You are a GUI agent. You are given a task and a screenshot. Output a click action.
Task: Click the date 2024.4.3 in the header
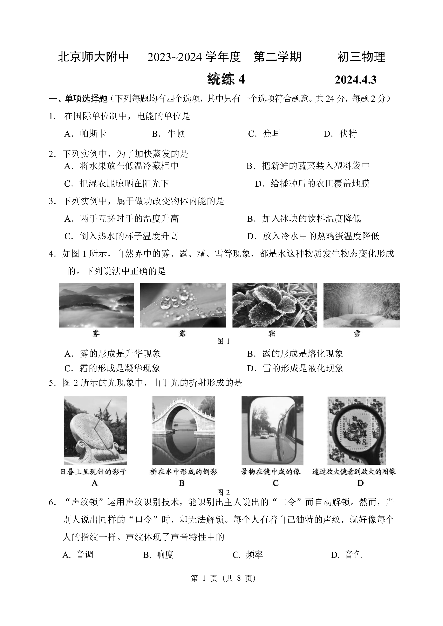pyautogui.click(x=355, y=80)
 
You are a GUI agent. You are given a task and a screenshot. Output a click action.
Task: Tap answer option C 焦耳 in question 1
pyautogui.click(x=264, y=134)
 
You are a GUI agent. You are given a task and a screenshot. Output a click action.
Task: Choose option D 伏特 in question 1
pyautogui.click(x=340, y=134)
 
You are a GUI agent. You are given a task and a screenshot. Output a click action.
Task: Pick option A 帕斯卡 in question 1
pyautogui.click(x=85, y=134)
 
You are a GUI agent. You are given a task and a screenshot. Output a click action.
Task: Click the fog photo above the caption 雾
pyautogui.click(x=96, y=305)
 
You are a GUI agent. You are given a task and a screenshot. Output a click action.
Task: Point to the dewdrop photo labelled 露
pyautogui.click(x=183, y=305)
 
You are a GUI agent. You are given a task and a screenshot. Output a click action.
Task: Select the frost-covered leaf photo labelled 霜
pyautogui.click(x=275, y=305)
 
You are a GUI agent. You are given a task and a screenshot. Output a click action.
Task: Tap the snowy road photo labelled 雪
pyautogui.click(x=361, y=305)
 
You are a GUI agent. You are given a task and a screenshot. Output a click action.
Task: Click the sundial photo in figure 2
pyautogui.click(x=95, y=430)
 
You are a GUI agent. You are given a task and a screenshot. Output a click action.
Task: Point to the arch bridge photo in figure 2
pyautogui.click(x=183, y=430)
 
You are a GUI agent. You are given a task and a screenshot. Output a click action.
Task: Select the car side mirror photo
pyautogui.click(x=272, y=430)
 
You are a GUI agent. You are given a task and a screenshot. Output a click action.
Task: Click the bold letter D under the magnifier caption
pyautogui.click(x=360, y=483)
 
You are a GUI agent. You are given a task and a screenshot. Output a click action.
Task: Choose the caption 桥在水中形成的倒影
pyautogui.click(x=183, y=472)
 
